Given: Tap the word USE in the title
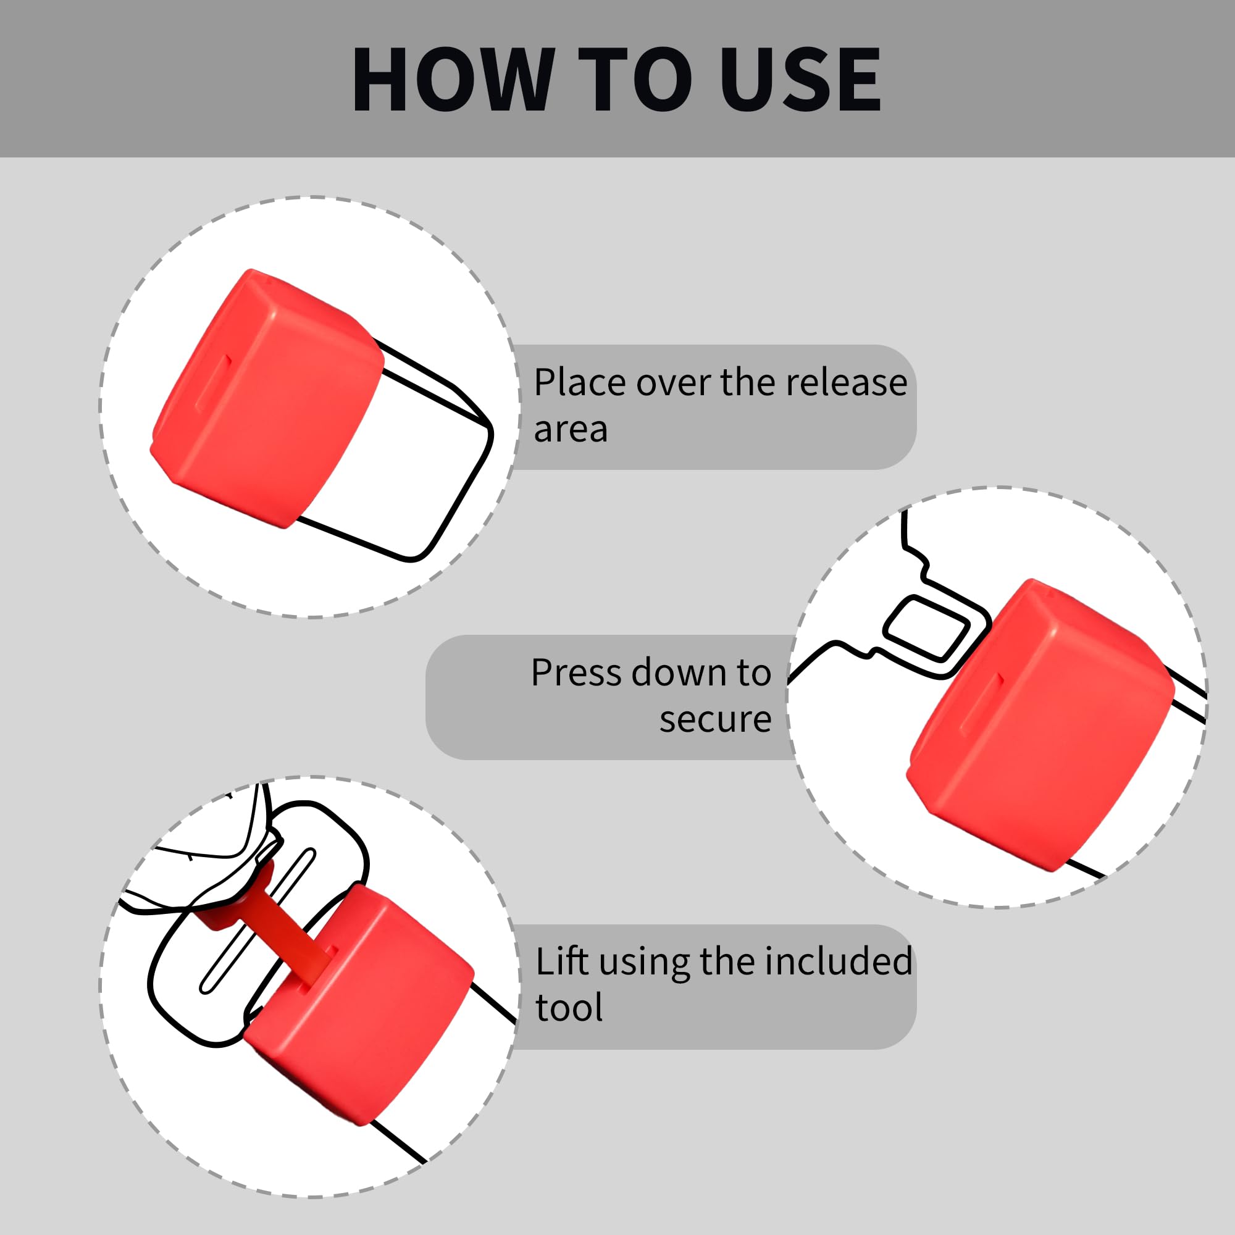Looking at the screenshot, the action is [x=801, y=80].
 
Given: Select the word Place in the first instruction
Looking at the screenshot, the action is [x=580, y=383].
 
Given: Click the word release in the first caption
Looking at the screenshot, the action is [x=847, y=382].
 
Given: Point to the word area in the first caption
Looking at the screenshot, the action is [x=571, y=430].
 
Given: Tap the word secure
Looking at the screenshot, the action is [x=715, y=720].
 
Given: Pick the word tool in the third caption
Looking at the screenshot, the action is [x=569, y=1008].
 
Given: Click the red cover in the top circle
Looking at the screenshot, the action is [x=267, y=399].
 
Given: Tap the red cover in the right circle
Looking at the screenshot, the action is [x=1040, y=726].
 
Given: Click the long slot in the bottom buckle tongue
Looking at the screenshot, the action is [x=257, y=921].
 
